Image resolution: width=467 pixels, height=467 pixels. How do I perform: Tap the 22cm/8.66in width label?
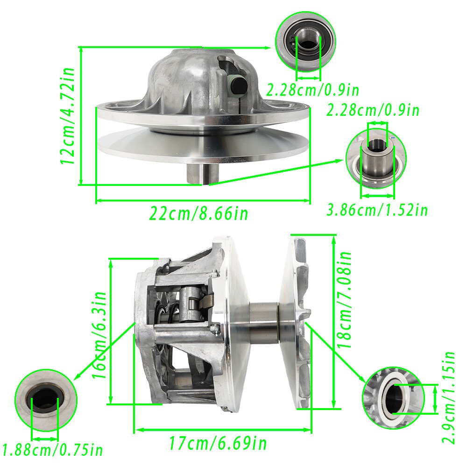coord(198,213)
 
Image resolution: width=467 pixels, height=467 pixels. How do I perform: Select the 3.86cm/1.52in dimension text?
coord(377,210)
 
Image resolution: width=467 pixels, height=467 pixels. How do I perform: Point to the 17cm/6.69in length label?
coord(218,443)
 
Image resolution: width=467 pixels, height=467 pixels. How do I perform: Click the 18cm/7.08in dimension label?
coord(344,300)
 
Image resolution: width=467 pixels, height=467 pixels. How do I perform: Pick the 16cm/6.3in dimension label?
coord(99,335)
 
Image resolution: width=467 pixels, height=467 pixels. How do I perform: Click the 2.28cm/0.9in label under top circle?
coord(312,90)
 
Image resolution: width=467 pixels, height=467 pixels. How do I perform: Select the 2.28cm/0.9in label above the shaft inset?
coord(373,110)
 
